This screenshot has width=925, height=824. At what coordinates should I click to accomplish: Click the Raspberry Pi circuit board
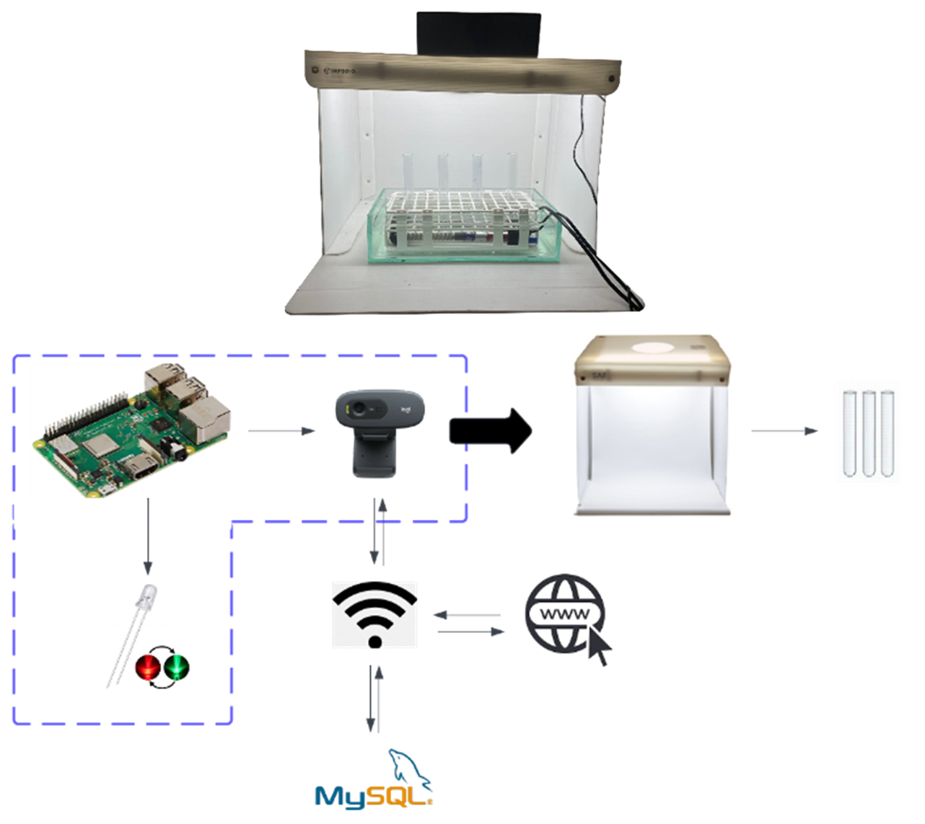[x=130, y=433]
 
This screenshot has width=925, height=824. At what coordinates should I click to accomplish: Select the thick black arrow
[x=491, y=431]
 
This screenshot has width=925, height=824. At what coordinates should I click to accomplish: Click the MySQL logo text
[x=372, y=796]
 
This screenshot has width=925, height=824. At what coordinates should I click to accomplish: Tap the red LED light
[x=148, y=667]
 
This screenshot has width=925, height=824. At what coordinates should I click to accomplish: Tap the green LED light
[x=175, y=667]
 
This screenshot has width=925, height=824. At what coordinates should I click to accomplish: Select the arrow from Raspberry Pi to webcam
[x=281, y=431]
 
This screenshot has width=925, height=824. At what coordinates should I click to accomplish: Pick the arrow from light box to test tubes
[x=784, y=431]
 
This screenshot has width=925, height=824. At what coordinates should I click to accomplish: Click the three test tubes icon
[x=869, y=433]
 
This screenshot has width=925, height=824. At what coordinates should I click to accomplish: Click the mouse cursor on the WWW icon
[x=599, y=649]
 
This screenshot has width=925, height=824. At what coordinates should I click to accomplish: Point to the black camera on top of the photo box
[x=478, y=34]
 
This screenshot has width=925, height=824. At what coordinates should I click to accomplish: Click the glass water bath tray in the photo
[x=462, y=227]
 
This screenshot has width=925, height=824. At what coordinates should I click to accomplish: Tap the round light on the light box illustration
[x=652, y=347]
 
